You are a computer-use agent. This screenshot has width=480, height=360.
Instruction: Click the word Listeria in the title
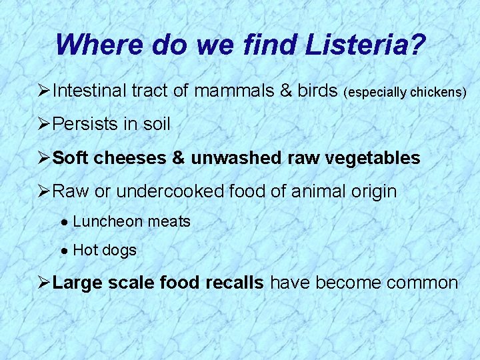pos(365,45)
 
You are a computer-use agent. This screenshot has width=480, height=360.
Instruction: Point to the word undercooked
pos(172,192)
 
